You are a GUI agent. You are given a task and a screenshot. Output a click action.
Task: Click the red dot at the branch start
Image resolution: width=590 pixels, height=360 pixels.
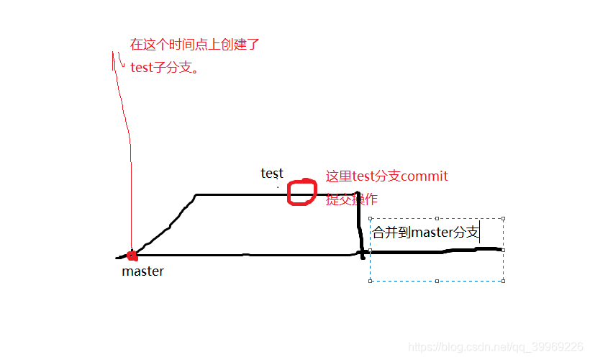tap(131, 255)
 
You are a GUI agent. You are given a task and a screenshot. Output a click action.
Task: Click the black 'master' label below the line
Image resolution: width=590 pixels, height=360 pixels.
tap(142, 271)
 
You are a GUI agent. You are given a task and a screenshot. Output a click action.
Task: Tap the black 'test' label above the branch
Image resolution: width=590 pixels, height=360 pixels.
tap(272, 174)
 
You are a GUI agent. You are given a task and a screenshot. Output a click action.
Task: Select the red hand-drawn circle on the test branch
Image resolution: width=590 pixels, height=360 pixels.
tap(302, 192)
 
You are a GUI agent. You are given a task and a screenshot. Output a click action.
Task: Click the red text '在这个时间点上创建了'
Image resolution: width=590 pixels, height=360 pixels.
tap(194, 45)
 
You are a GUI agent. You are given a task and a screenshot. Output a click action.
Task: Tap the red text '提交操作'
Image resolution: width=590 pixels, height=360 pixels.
tap(352, 199)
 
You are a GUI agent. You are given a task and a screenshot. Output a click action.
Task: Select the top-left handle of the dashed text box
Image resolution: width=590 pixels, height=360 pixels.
tap(370, 218)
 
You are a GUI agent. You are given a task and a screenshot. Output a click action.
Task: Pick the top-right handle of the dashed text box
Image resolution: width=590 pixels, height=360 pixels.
tap(503, 218)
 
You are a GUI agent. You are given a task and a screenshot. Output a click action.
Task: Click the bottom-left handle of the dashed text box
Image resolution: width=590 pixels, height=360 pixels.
tap(370, 281)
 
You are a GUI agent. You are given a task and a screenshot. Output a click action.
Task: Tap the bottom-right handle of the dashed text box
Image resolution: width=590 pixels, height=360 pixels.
tap(503, 281)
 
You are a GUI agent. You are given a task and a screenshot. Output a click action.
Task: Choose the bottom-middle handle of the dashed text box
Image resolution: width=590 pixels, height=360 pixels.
tap(437, 281)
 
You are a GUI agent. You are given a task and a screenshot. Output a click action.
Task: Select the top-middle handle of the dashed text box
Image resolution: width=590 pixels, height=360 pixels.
tap(437, 218)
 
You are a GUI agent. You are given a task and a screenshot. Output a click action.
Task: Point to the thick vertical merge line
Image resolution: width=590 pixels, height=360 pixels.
tap(360, 223)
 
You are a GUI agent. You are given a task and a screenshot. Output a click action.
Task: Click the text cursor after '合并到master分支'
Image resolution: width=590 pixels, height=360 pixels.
tap(480, 233)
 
